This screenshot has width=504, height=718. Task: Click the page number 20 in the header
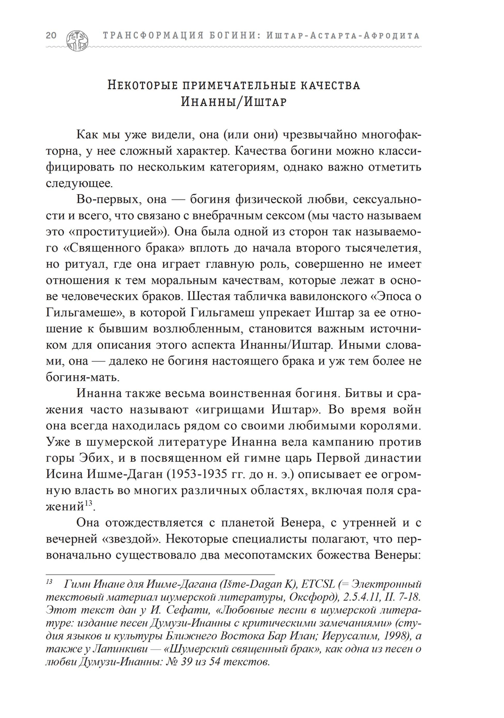click(x=51, y=36)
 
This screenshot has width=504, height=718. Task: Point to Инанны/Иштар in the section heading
click(x=234, y=102)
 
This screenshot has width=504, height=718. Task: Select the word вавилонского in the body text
click(x=398, y=296)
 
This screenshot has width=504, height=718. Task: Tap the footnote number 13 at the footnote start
click(x=49, y=582)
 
